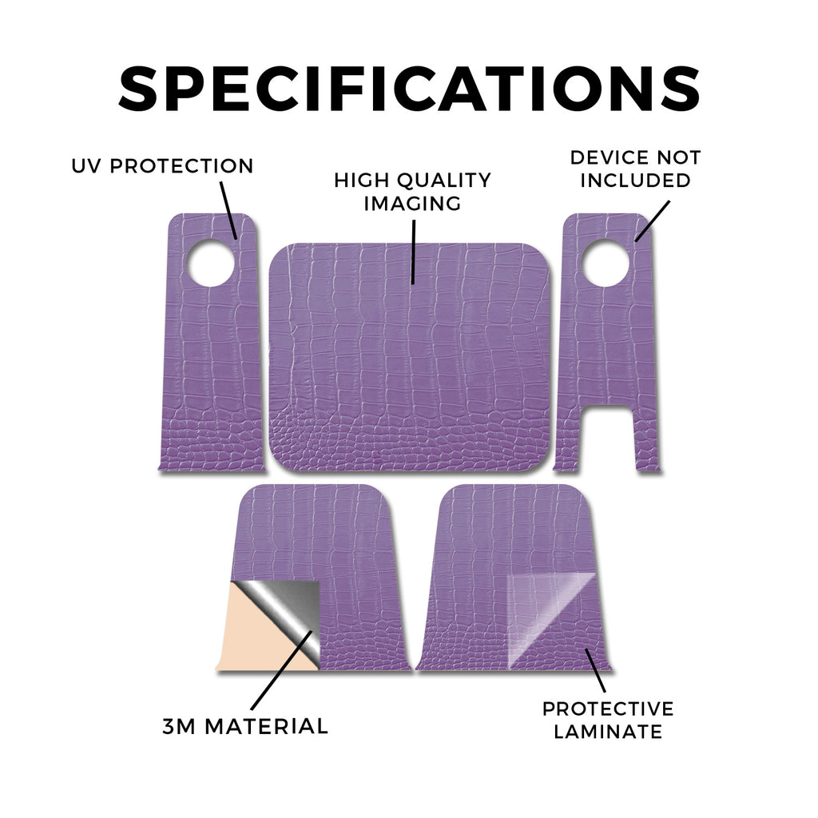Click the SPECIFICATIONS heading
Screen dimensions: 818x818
pos(409,89)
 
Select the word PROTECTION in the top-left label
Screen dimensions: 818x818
pos(181,166)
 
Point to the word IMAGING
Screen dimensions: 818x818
pos(412,203)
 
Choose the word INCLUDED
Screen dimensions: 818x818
pos(635,180)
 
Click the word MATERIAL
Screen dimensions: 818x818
pos(266,726)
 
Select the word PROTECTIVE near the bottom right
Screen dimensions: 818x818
pos(608,709)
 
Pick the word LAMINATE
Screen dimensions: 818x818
pos(608,732)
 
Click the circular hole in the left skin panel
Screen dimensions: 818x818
pos(211,263)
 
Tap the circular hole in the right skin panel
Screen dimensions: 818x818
pos(606,263)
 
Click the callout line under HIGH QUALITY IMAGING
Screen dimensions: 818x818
pos(413,252)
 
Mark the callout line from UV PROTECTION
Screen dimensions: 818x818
pos(228,210)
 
